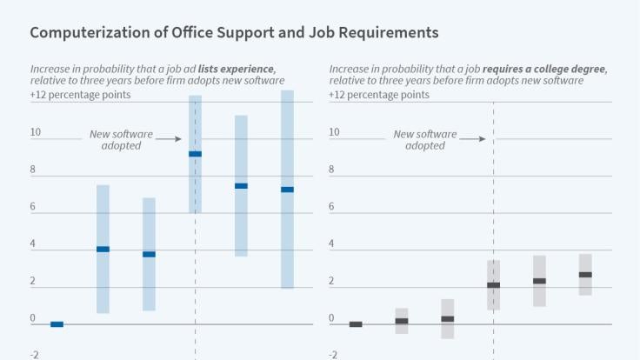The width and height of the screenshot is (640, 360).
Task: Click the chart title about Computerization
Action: tap(234, 32)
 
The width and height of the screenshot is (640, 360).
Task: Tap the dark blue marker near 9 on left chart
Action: tap(195, 154)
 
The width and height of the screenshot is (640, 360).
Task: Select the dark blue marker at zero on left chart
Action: tap(57, 324)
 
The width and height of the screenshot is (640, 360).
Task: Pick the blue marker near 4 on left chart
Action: tap(103, 250)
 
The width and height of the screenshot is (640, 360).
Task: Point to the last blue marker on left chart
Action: tap(287, 190)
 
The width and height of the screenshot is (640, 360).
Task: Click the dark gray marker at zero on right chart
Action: tap(356, 324)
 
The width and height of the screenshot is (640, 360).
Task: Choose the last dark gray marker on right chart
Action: tap(585, 275)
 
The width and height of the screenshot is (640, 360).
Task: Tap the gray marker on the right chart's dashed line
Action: tap(493, 285)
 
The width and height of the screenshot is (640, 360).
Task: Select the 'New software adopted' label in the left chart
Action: tap(122, 140)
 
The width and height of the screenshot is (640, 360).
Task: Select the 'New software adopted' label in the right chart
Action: tap(425, 140)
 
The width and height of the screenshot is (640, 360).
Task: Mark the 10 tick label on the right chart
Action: tap(334, 132)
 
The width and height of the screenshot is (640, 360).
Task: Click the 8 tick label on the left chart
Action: tap(33, 170)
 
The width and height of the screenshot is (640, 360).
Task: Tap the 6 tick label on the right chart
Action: tap(332, 207)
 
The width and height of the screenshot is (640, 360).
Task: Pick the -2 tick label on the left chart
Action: tap(35, 355)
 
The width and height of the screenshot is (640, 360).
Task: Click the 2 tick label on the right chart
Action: tap(332, 281)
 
